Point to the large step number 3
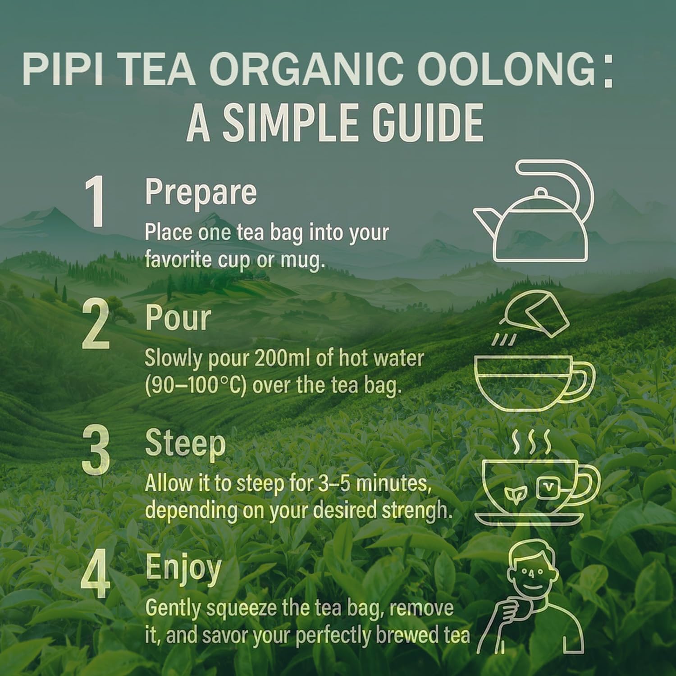click(x=96, y=450)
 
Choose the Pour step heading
click(x=178, y=318)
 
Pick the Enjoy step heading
click(x=183, y=569)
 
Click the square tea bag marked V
click(x=548, y=487)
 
